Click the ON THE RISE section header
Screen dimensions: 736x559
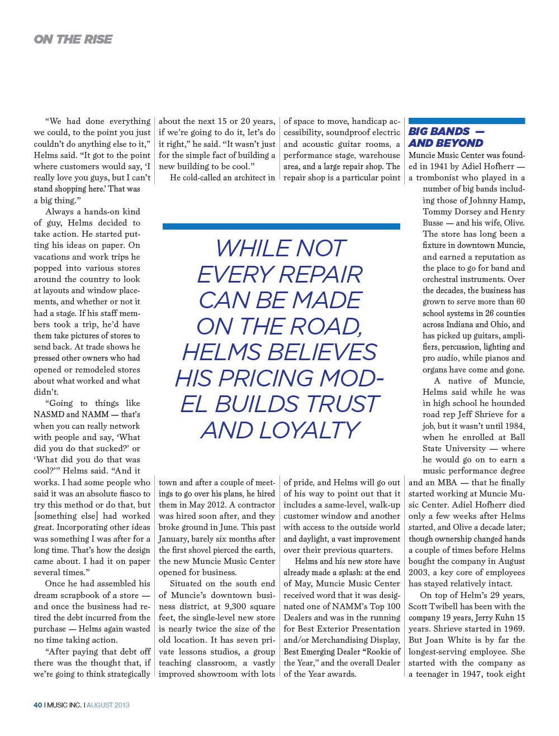[x=73, y=39]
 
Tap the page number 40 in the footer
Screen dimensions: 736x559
[x=37, y=705]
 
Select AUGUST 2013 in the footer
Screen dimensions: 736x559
[x=108, y=705]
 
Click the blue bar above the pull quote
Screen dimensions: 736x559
[x=281, y=226]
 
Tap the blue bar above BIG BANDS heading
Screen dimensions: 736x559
[x=467, y=121]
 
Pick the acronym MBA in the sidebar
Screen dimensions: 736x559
[x=447, y=482]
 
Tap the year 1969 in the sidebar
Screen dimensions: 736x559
[x=514, y=629]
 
